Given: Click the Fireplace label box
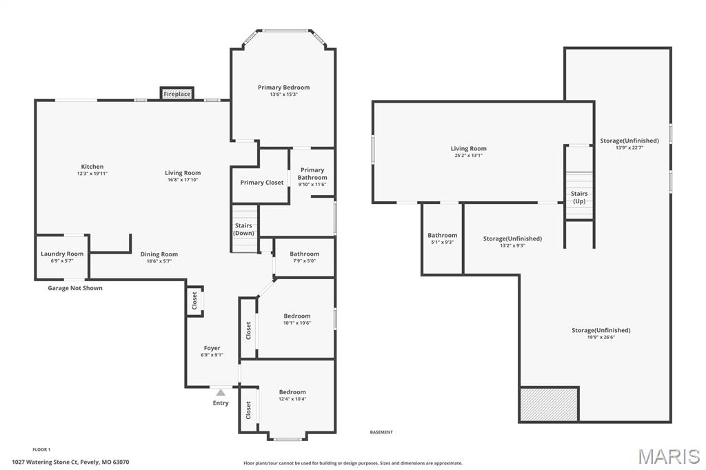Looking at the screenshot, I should pyautogui.click(x=177, y=94).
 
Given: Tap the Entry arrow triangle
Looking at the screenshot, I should pyautogui.click(x=221, y=393).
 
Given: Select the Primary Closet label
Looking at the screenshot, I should pyautogui.click(x=262, y=183).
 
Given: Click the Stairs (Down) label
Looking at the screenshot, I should pyautogui.click(x=243, y=229).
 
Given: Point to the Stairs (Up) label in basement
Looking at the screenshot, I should pyautogui.click(x=579, y=197).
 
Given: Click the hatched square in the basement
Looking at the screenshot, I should pyautogui.click(x=549, y=405).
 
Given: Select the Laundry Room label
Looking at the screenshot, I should pyautogui.click(x=62, y=254).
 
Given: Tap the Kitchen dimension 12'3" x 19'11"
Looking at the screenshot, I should pyautogui.click(x=92, y=174).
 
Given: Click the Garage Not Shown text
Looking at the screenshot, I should pyautogui.click(x=75, y=288).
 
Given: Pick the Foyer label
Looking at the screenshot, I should pyautogui.click(x=212, y=348).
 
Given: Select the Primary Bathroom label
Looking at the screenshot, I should pyautogui.click(x=312, y=174).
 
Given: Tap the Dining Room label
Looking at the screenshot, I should pyautogui.click(x=159, y=254).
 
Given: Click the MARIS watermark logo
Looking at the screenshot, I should pyautogui.click(x=668, y=456).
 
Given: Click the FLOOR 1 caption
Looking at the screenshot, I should pyautogui.click(x=41, y=449).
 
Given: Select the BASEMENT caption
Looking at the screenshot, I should pyautogui.click(x=381, y=432).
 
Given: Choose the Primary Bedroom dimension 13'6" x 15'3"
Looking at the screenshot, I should pyautogui.click(x=283, y=94).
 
